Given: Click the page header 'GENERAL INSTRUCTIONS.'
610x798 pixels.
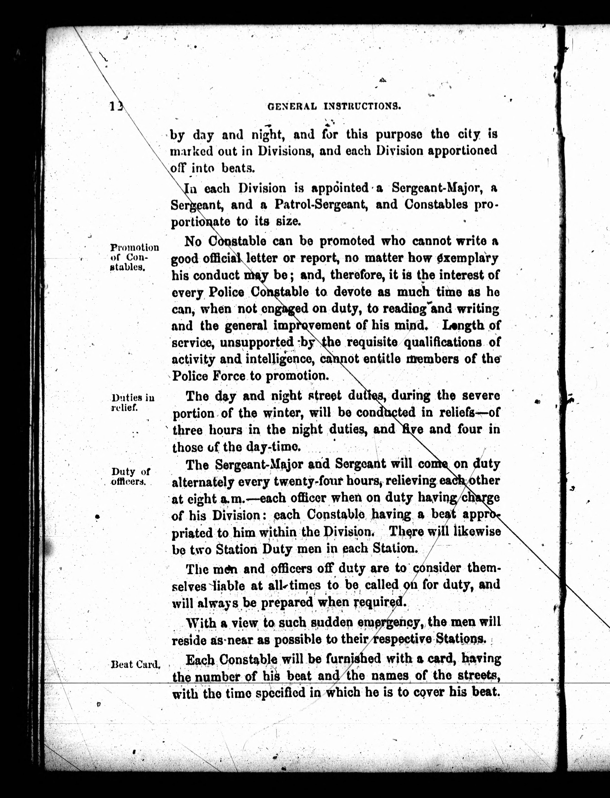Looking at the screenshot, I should [x=334, y=106].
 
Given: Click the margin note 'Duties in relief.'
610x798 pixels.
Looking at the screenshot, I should [x=133, y=403].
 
